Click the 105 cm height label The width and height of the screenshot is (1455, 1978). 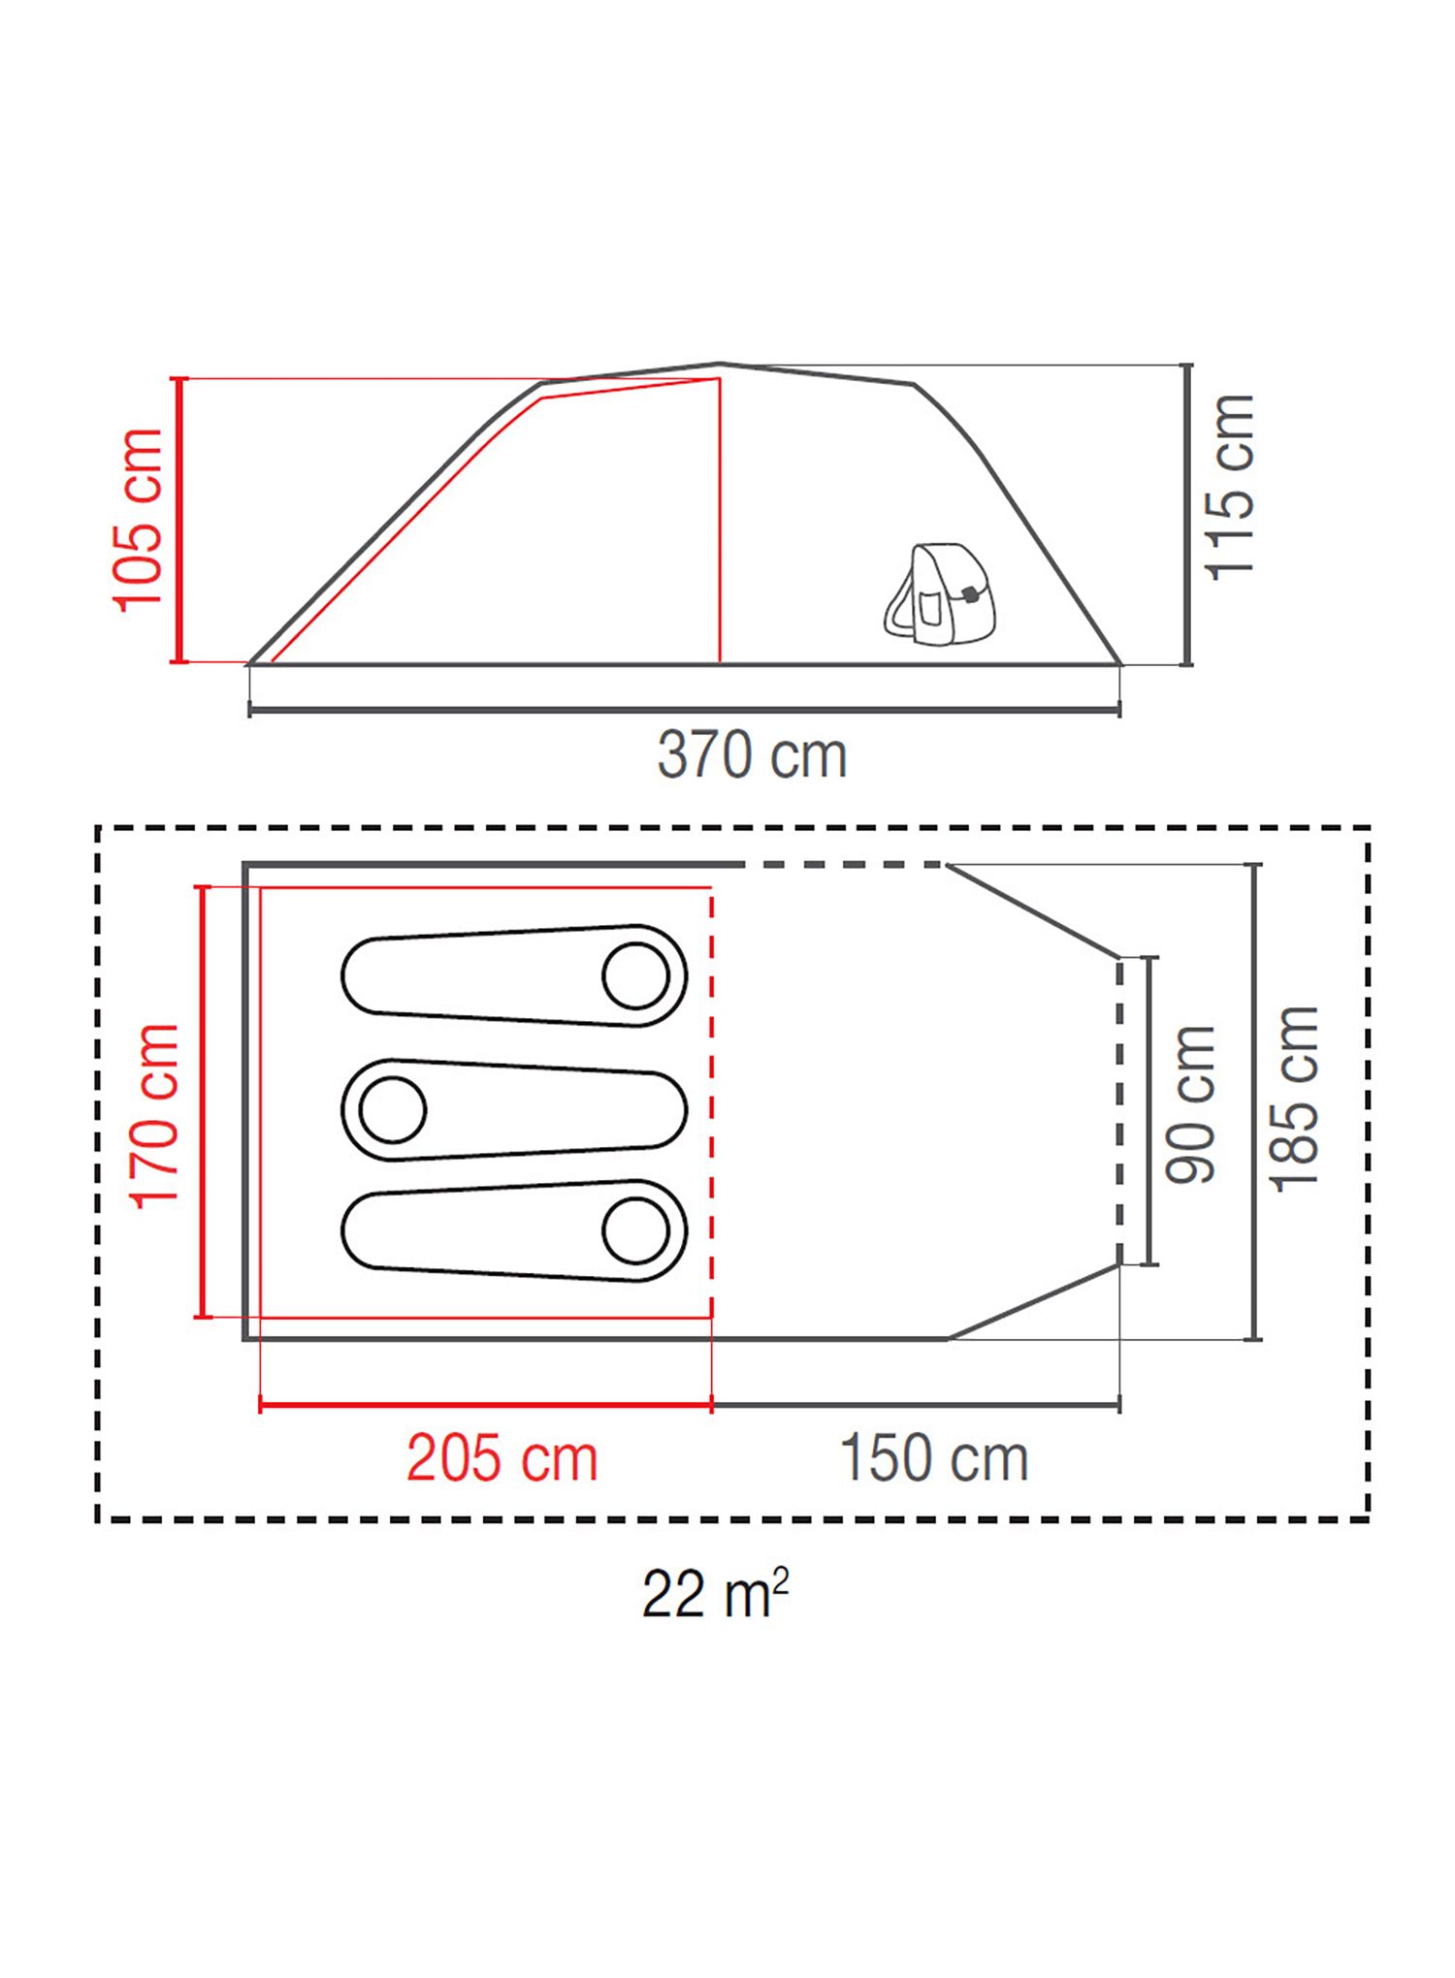click(x=138, y=520)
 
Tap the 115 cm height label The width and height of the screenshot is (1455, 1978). click(x=1229, y=488)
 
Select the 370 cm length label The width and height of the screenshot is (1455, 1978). click(x=752, y=755)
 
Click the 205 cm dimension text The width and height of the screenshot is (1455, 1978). click(x=501, y=1458)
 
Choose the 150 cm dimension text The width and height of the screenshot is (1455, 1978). click(x=933, y=1458)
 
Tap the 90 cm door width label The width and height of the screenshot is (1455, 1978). click(x=1189, y=1104)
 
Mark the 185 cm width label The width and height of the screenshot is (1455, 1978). click(x=1294, y=1100)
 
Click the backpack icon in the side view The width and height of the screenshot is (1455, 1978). click(x=939, y=592)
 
